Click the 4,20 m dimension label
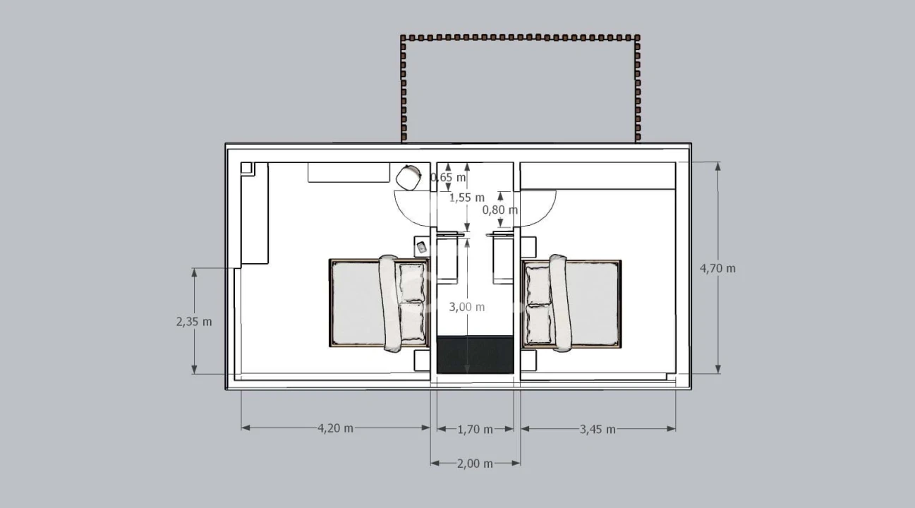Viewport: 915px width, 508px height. (x=335, y=428)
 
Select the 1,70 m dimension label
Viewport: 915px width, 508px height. (x=475, y=430)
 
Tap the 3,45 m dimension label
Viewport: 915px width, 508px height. (x=598, y=430)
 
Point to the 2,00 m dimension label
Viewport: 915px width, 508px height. (x=475, y=464)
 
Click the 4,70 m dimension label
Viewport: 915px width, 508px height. (x=717, y=269)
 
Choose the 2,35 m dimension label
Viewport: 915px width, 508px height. (x=194, y=322)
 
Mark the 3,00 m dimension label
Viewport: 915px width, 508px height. (x=467, y=307)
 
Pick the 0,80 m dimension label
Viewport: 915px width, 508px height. (x=500, y=210)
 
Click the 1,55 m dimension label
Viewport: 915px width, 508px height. (x=467, y=198)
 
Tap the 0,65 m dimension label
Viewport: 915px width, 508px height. (x=448, y=177)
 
